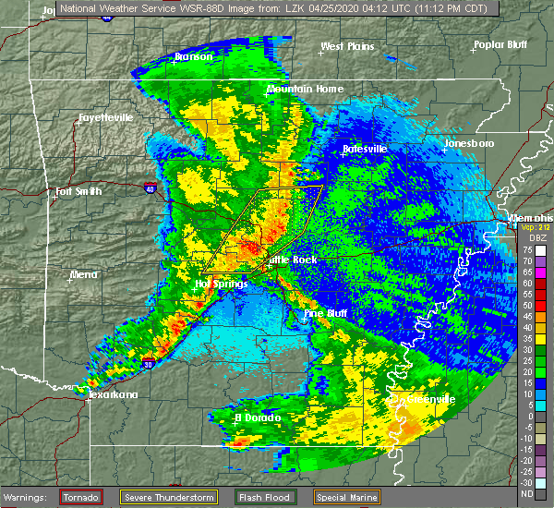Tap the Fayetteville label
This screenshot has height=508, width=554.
click(105, 118)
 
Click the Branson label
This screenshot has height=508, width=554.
click(195, 56)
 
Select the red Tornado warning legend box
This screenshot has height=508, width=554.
click(81, 497)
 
